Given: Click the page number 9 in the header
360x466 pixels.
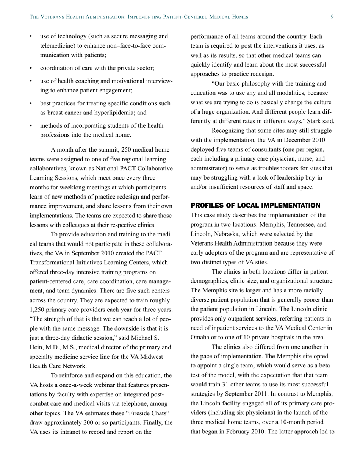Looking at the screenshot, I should [x=332, y=17].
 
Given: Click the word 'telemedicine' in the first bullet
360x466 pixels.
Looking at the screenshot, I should [x=56, y=46].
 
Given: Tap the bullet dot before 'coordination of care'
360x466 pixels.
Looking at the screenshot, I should [x=31, y=69].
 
